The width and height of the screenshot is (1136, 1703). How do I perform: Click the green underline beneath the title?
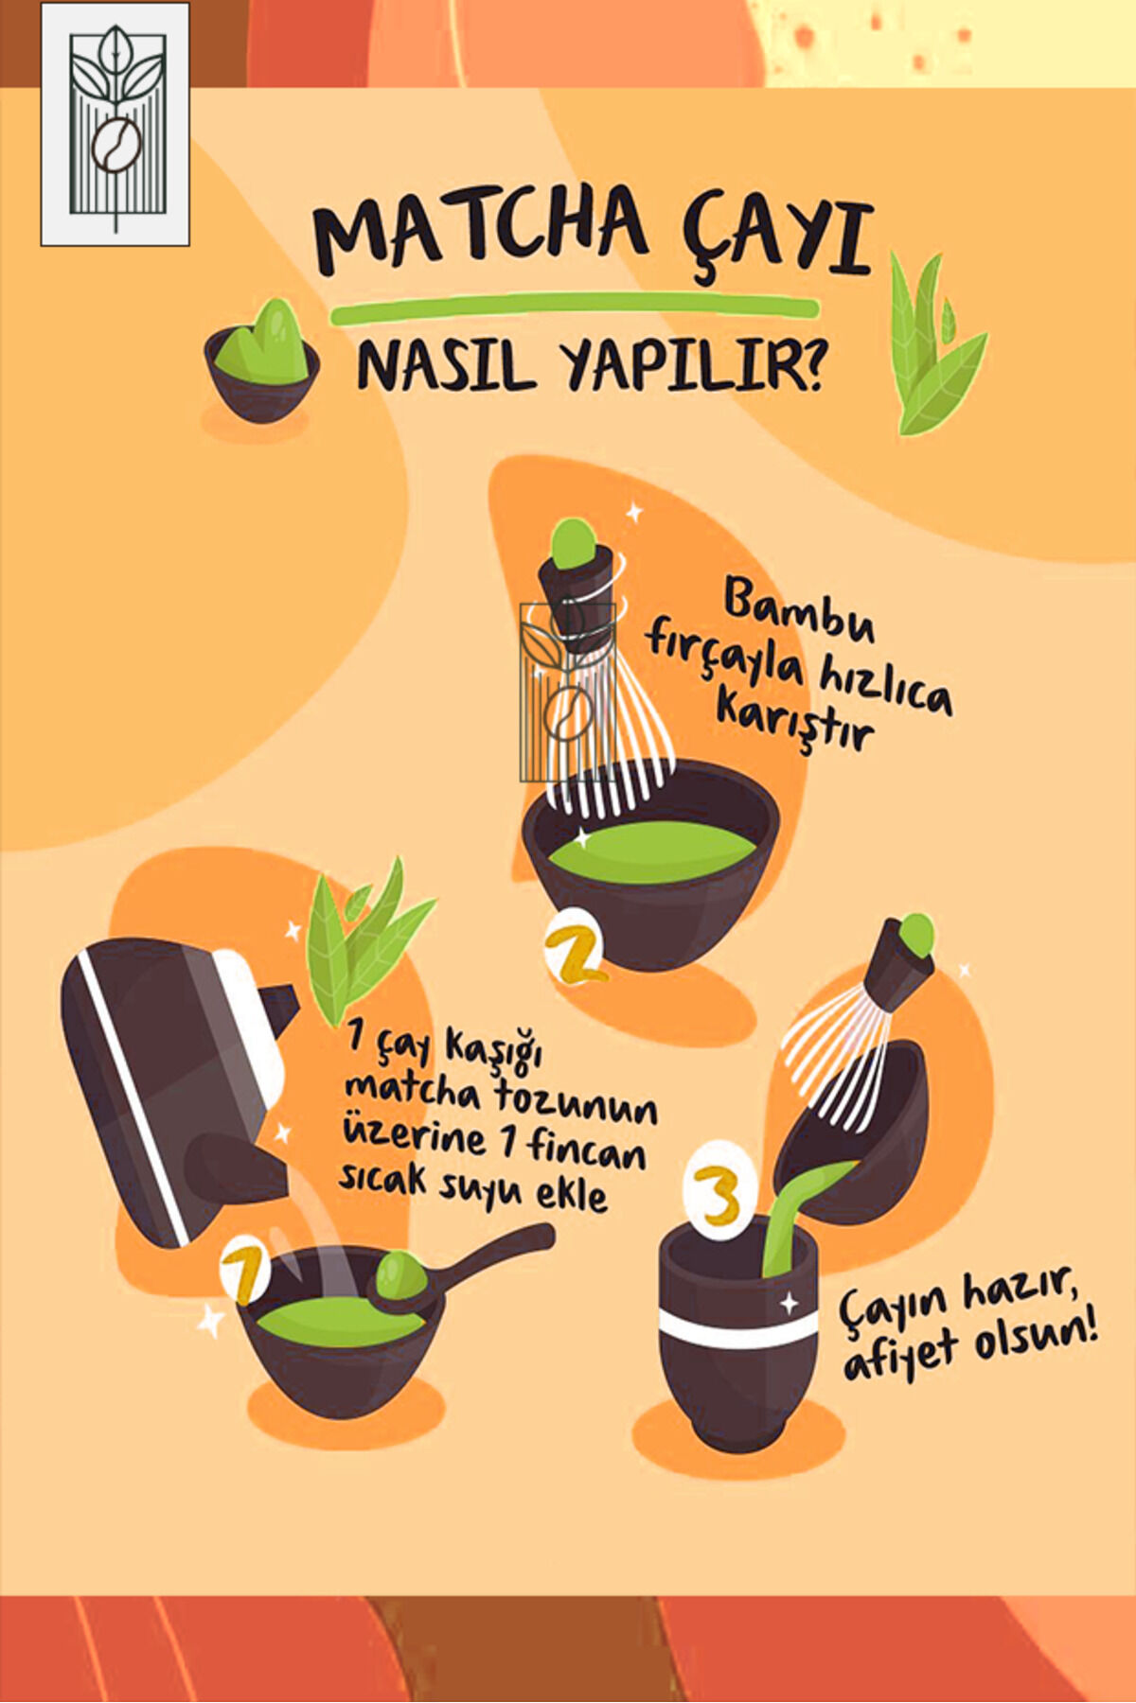(574, 307)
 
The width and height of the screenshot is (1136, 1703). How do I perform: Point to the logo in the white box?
(115, 124)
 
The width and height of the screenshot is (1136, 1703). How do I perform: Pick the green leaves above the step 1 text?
(364, 941)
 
